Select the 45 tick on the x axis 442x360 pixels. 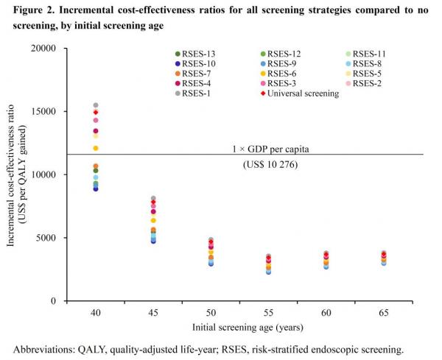pos(153,314)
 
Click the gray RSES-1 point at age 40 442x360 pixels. pos(96,105)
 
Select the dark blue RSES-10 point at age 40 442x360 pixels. pos(96,188)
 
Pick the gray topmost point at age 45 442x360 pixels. pos(153,199)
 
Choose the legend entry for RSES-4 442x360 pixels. pos(197,84)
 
